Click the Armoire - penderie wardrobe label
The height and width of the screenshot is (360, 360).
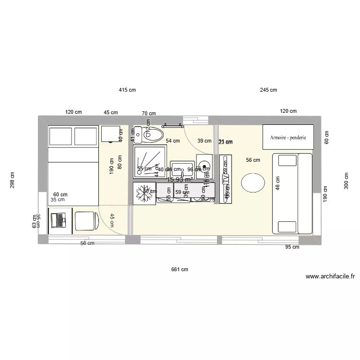click(288, 137)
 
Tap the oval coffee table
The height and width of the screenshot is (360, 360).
click(252, 182)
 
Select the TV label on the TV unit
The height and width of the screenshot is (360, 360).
click(226, 179)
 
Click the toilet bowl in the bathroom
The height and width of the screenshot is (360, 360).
click(154, 135)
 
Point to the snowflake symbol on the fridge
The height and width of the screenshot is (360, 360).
click(144, 192)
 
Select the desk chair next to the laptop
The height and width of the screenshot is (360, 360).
click(86, 221)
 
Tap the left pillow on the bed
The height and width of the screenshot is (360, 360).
click(60, 137)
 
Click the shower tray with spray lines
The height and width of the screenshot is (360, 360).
click(151, 162)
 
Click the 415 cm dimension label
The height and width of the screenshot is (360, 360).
click(128, 90)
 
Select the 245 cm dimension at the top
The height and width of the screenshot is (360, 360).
click(269, 90)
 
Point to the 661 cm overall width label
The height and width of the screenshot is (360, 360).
click(180, 270)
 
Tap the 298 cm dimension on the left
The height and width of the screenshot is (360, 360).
click(12, 180)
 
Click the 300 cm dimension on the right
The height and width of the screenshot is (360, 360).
click(347, 181)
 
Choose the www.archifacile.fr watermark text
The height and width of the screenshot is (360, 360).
click(330, 276)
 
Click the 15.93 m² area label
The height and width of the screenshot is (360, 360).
click(180, 180)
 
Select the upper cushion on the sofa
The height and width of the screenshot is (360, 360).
click(286, 160)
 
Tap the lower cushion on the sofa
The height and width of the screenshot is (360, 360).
click(286, 227)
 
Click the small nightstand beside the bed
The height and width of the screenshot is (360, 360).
click(111, 134)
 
